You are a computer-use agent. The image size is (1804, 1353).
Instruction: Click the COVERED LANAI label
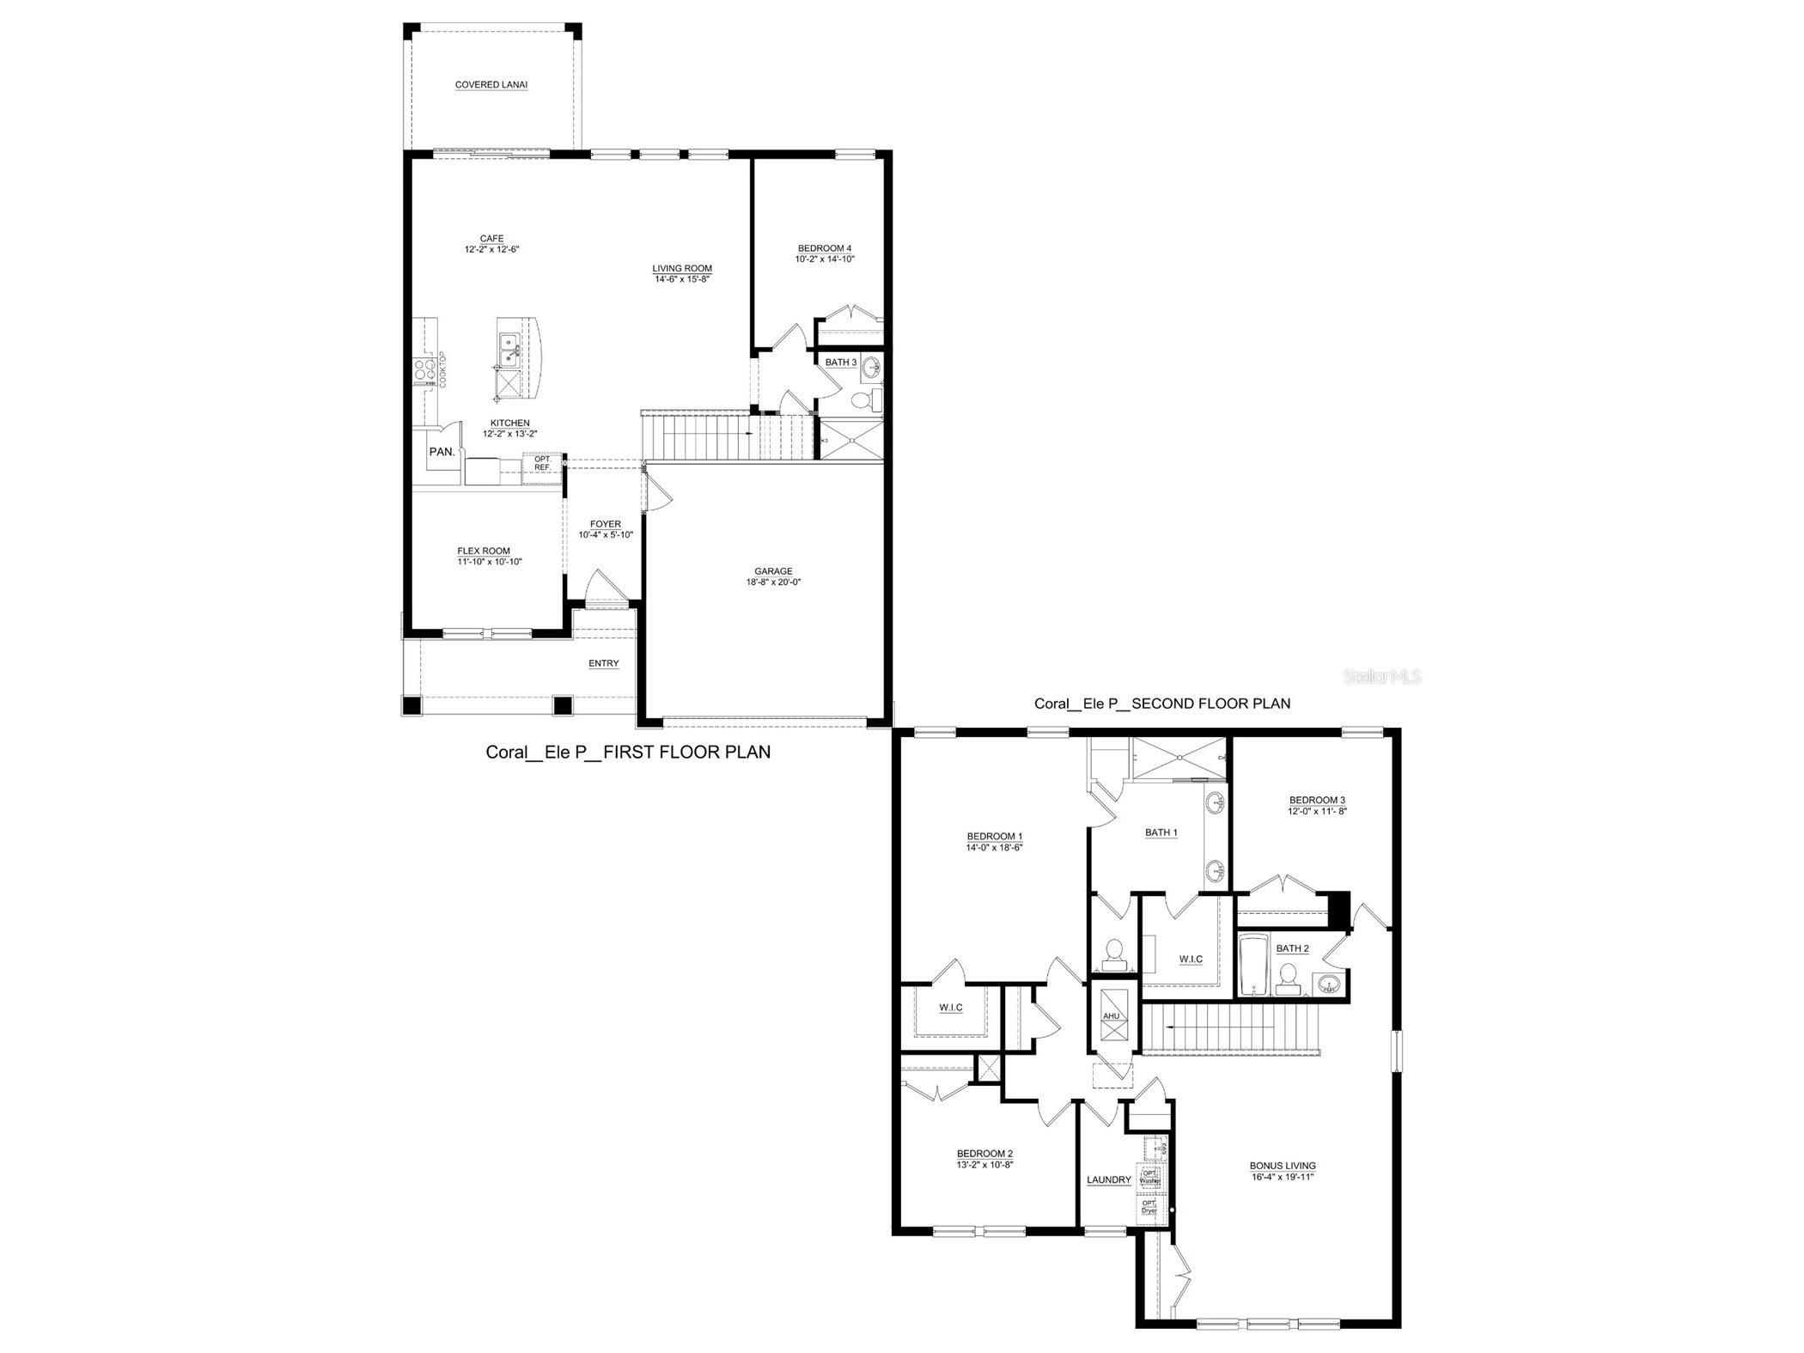(x=491, y=85)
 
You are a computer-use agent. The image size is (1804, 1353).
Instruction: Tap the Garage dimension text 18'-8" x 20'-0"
(x=773, y=582)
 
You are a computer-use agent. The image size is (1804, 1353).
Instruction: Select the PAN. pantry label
(x=442, y=452)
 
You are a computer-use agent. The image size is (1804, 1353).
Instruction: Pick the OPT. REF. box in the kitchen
(x=543, y=463)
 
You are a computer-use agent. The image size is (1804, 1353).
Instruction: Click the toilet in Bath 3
(x=870, y=399)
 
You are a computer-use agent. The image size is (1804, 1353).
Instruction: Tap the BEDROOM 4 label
(x=824, y=248)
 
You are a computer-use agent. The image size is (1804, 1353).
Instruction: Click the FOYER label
(x=605, y=524)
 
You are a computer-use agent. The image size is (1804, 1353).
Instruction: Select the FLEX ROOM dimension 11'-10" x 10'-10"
(x=490, y=562)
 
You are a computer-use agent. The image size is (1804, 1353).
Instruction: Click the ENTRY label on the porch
(x=603, y=663)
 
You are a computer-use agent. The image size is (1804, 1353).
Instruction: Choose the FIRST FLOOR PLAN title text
(x=628, y=753)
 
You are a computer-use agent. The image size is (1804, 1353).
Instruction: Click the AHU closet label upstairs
(x=1112, y=1016)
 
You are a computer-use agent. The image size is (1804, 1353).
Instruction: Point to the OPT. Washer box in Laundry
(x=1150, y=1176)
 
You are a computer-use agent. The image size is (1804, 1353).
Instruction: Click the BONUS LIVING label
(x=1282, y=1166)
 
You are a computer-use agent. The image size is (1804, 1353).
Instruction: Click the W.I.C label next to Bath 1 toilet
(x=1191, y=960)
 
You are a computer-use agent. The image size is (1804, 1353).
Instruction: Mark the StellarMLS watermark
(x=1382, y=677)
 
